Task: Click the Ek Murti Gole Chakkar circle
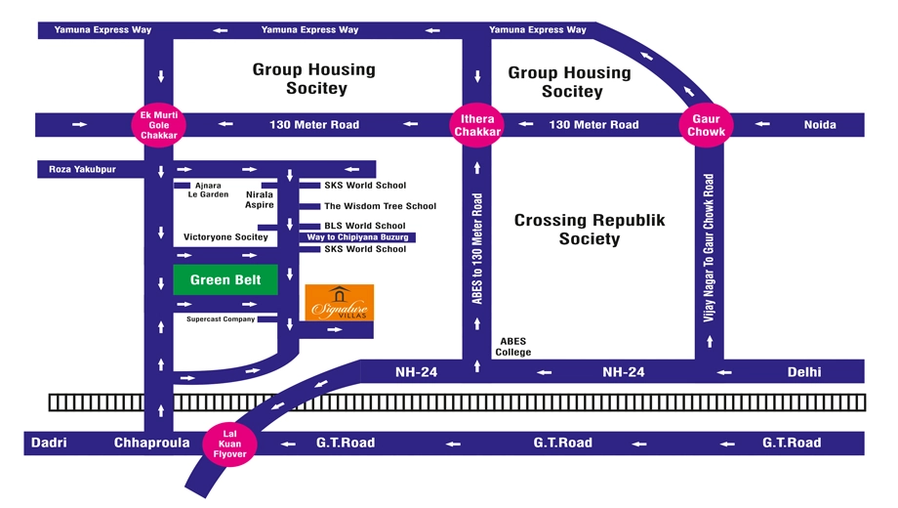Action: (x=159, y=125)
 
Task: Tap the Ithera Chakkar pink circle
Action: (x=477, y=125)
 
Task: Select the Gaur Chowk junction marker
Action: (x=706, y=125)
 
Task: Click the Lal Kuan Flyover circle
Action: (x=229, y=444)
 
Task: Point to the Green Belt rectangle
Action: (x=225, y=279)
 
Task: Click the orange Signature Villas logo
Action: (x=340, y=303)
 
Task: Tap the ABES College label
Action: (x=513, y=347)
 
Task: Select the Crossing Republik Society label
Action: (x=590, y=230)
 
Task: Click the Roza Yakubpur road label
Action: (x=82, y=169)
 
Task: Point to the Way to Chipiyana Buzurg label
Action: (x=357, y=236)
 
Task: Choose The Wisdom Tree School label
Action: (x=381, y=206)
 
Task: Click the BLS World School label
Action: (x=365, y=226)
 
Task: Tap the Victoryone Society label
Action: (x=225, y=236)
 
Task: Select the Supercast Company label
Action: (x=221, y=318)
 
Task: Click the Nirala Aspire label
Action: (x=260, y=199)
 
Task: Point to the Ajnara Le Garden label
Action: (x=208, y=190)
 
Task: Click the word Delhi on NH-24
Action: (x=804, y=372)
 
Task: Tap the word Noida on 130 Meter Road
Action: (x=820, y=125)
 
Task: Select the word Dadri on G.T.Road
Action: (x=49, y=443)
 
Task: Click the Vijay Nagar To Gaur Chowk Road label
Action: (x=709, y=248)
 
